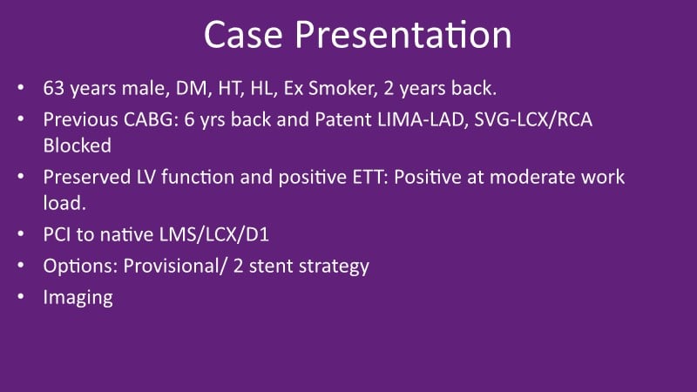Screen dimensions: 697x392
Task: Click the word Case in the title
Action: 243,35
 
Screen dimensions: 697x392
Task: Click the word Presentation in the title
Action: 403,35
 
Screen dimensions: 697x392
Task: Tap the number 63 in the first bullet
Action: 54,88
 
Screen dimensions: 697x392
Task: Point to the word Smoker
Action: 342,88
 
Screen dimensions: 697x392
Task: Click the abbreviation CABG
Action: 151,119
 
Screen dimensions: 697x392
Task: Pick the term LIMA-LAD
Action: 423,119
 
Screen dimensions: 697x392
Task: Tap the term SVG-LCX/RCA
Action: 533,119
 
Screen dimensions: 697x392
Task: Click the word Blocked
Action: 78,145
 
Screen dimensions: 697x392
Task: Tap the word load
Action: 64,203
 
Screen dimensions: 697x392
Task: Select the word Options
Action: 80,266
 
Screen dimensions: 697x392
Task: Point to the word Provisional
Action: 175,266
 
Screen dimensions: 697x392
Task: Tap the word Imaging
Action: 78,298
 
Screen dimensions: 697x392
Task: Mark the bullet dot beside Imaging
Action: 21,296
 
